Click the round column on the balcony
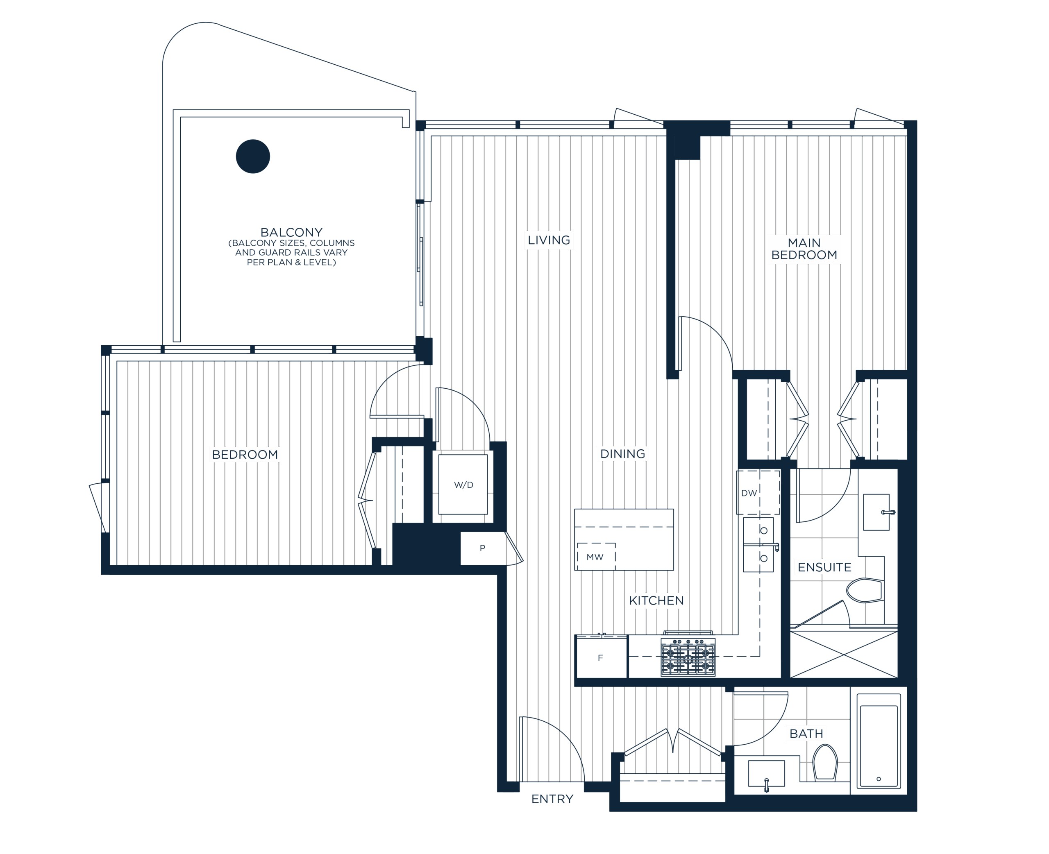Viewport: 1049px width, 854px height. [253, 156]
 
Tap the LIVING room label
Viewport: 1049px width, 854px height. [549, 240]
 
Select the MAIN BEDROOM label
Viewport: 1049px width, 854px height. [804, 249]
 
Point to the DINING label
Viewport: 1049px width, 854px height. [622, 453]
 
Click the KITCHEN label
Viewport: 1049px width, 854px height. [656, 600]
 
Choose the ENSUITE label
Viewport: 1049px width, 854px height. [824, 567]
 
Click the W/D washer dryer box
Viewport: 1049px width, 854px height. [463, 485]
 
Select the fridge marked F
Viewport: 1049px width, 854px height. [601, 658]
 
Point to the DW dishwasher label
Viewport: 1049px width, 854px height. [749, 493]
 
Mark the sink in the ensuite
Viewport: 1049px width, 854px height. [877, 512]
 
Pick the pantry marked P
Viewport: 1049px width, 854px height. [483, 548]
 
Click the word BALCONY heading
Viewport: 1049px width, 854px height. [291, 232]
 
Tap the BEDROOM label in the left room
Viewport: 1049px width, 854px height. [245, 455]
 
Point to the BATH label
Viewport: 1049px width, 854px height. [806, 734]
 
